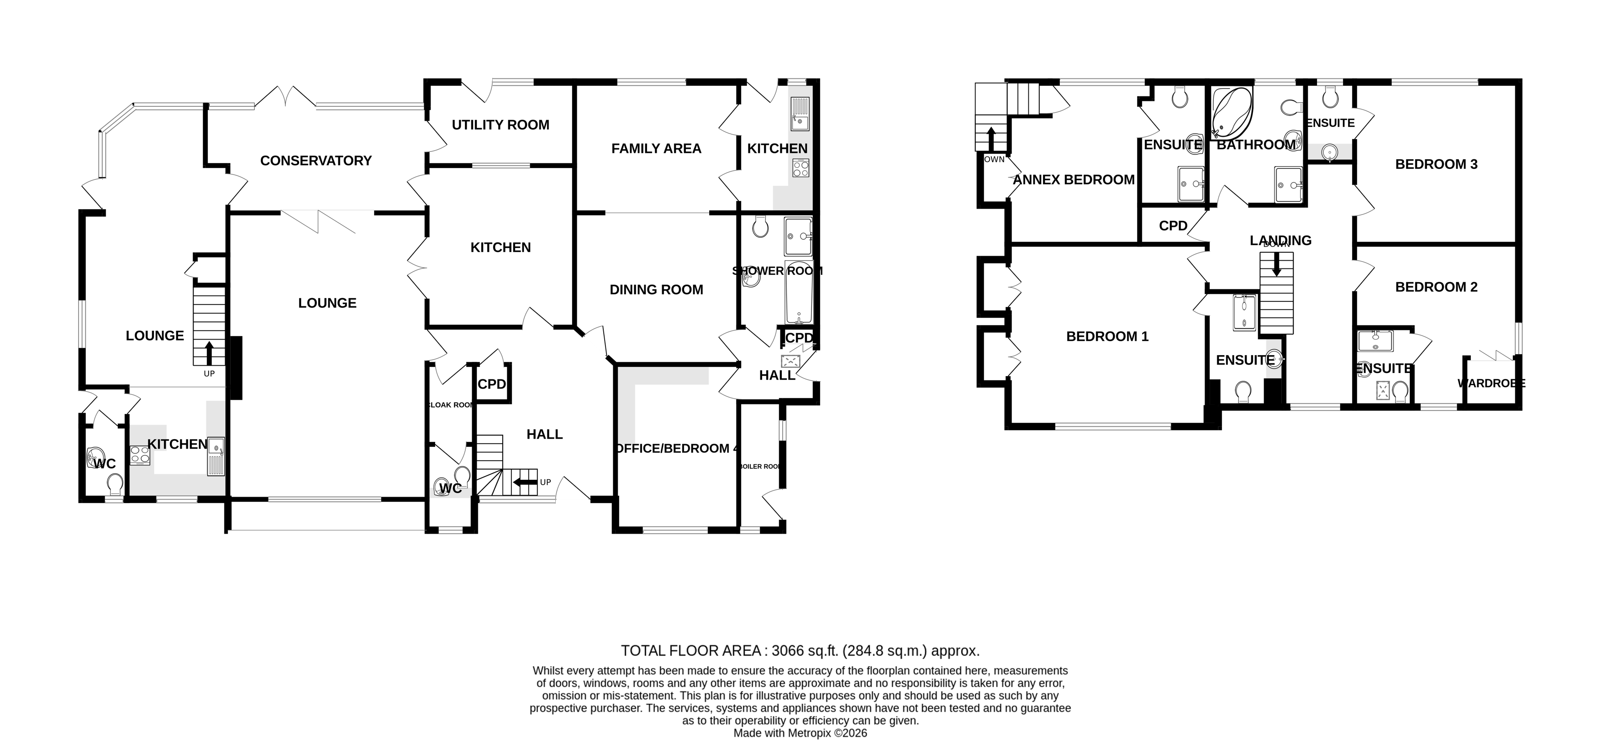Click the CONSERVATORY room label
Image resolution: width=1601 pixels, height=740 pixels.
click(316, 161)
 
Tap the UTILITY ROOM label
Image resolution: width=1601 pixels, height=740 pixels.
click(500, 125)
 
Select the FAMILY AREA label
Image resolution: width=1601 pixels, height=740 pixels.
click(656, 148)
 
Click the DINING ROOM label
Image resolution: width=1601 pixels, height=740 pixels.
click(656, 289)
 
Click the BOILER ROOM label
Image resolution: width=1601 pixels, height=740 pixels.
click(760, 467)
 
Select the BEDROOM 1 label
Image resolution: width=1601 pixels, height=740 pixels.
click(1107, 337)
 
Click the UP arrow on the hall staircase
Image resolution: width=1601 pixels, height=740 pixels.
click(525, 482)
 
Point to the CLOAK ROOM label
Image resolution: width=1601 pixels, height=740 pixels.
click(451, 405)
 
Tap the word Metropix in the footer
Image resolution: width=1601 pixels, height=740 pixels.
click(809, 733)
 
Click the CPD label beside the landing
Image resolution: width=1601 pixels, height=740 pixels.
click(1173, 226)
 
